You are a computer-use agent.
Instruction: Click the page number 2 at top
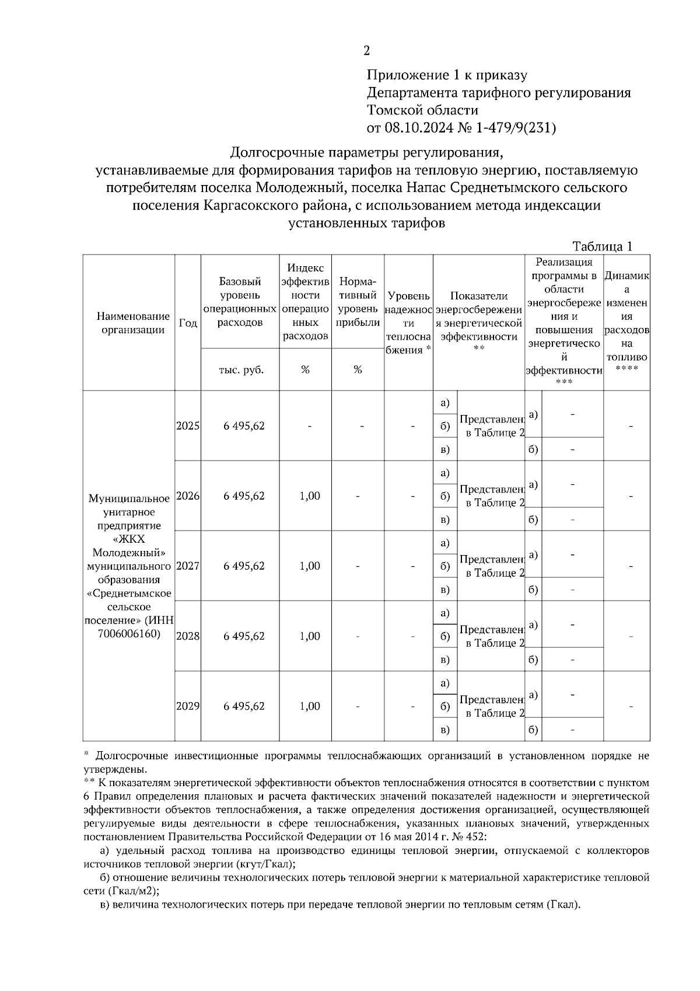[x=366, y=51]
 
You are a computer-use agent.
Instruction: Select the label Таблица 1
[x=603, y=246]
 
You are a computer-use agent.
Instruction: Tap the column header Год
[x=188, y=323]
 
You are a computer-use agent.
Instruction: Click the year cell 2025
[x=188, y=426]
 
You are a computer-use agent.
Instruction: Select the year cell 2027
[x=188, y=566]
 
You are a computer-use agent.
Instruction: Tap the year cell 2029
[x=188, y=706]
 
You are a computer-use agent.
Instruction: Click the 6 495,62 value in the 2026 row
[x=244, y=496]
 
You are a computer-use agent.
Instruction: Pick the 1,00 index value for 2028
[x=310, y=636]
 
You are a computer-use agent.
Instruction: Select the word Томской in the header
[x=394, y=110]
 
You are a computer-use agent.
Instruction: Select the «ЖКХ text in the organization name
[x=129, y=539]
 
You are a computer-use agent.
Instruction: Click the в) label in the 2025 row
[x=445, y=449]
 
